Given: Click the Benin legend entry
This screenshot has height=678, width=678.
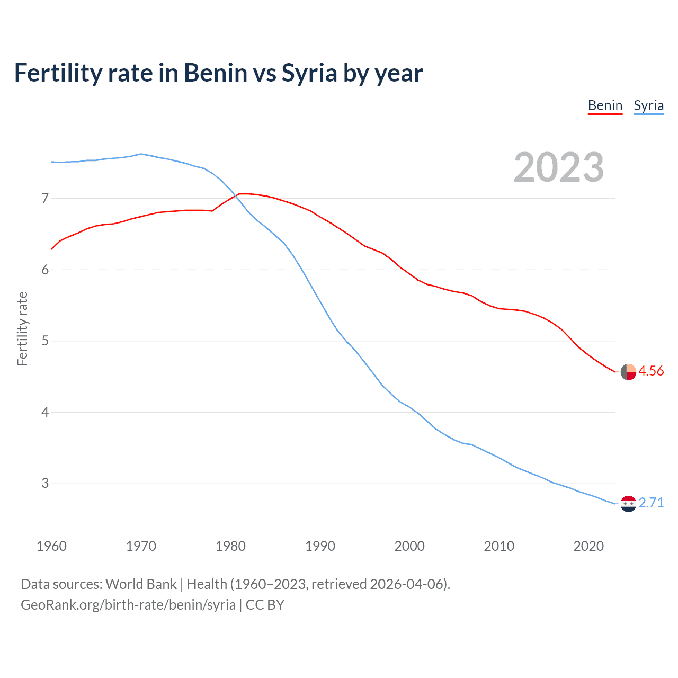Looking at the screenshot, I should (x=605, y=105).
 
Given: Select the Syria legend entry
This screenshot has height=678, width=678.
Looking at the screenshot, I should (x=648, y=105).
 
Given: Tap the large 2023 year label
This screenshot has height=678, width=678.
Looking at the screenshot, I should (x=558, y=167).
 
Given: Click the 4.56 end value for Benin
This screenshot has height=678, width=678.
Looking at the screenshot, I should (x=651, y=371).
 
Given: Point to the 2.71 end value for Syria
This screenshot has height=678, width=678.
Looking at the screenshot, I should (x=651, y=503).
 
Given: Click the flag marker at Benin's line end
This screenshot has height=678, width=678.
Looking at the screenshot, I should (x=628, y=372).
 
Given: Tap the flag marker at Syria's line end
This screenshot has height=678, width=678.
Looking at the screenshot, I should (x=628, y=504).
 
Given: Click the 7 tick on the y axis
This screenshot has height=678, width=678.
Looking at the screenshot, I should (x=45, y=199).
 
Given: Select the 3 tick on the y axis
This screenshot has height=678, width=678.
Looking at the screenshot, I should (x=45, y=483).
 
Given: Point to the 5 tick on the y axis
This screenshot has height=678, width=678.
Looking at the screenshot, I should (x=45, y=341).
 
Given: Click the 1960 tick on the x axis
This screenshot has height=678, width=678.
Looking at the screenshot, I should (x=51, y=546).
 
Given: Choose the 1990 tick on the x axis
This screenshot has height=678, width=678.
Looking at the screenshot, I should (x=320, y=546).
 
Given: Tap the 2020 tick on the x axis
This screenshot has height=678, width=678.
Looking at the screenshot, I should (x=588, y=546).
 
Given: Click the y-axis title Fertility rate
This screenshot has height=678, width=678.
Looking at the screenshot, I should (x=22, y=328).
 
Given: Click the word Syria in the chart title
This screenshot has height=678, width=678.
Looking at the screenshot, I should (x=309, y=73).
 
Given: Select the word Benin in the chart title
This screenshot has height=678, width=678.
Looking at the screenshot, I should (x=216, y=73).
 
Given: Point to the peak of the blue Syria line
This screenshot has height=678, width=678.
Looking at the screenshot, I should (x=140, y=154).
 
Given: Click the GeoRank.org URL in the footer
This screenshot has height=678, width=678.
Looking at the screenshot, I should (x=128, y=605).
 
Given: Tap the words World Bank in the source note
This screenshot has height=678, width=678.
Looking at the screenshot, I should (x=141, y=584).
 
